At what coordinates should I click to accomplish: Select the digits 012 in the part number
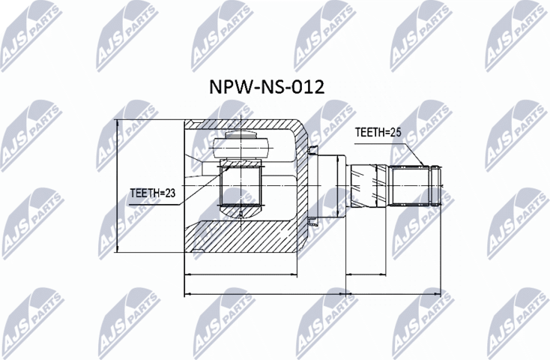(x=309, y=87)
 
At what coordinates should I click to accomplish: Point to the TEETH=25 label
(x=378, y=132)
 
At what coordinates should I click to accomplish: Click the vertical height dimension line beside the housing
(x=117, y=187)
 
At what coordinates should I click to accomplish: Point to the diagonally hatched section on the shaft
(x=365, y=185)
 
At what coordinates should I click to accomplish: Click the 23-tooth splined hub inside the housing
(x=240, y=185)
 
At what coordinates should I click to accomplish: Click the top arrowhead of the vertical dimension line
(x=117, y=124)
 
